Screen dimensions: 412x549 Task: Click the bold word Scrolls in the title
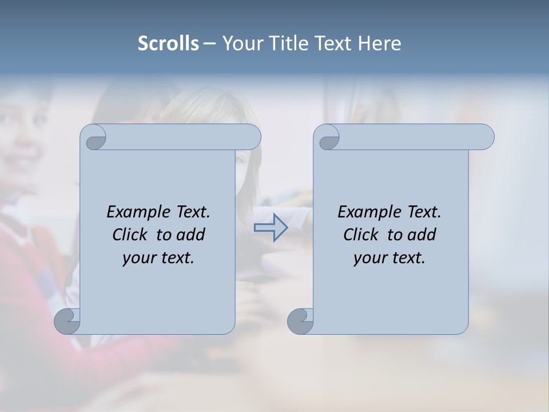pos(168,43)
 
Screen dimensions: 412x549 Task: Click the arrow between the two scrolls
pos(270,228)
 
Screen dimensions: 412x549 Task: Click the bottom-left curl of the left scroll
pos(67,321)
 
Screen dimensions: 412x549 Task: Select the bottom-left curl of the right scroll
pos(300,321)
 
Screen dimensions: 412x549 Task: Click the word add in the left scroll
pos(191,235)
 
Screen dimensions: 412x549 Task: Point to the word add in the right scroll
pos(422,235)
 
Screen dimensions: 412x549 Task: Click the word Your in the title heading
pos(241,43)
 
